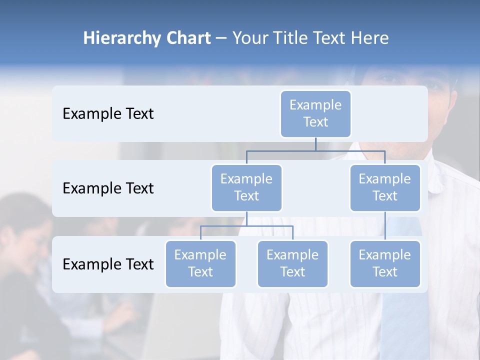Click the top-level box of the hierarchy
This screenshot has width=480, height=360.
tap(315, 113)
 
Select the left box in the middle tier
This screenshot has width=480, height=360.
tap(246, 187)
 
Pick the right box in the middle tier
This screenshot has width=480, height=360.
tap(385, 187)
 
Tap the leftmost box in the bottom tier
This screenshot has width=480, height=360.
tap(200, 263)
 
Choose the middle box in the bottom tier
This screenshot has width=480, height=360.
tap(292, 263)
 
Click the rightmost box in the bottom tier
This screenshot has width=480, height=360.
tap(385, 263)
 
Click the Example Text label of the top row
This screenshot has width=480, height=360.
tap(108, 114)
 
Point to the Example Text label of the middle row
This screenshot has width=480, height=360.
tap(108, 188)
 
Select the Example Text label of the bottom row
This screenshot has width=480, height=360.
tap(108, 264)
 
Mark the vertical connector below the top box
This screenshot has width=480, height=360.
tap(315, 144)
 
